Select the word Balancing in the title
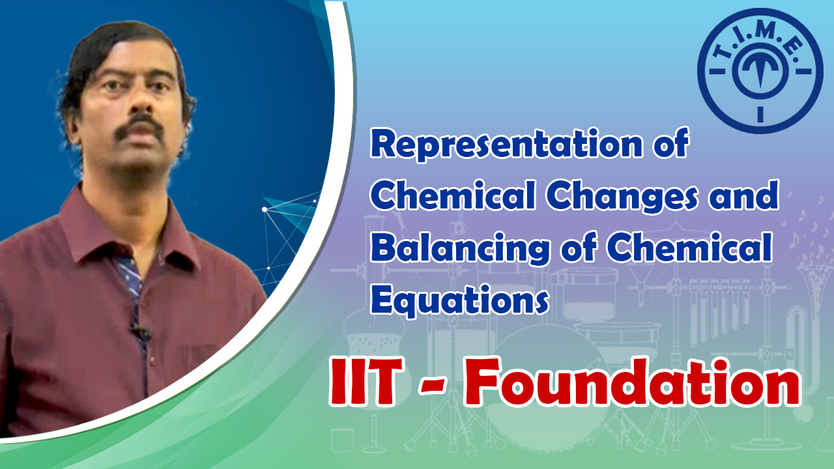coord(460,248)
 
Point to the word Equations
coord(460,300)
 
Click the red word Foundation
coord(632,382)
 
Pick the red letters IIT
coord(367,382)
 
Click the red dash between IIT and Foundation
coord(433,387)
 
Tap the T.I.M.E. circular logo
coord(760,71)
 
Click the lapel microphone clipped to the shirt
coord(140,330)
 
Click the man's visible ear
coord(74,127)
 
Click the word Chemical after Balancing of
coord(689,247)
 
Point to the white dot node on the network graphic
coord(265,210)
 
